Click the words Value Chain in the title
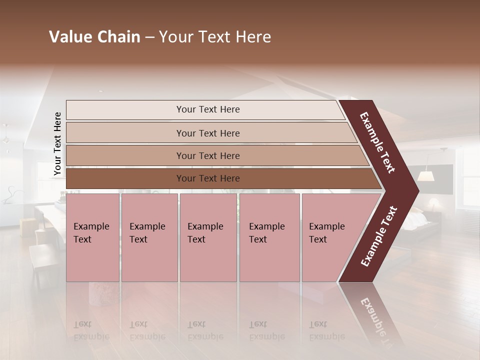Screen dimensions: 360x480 pyautogui.click(x=94, y=37)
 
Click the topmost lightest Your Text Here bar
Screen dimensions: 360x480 pyautogui.click(x=208, y=109)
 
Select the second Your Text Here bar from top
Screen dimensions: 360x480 pyautogui.click(x=208, y=133)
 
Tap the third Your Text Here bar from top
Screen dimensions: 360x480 pyautogui.click(x=208, y=155)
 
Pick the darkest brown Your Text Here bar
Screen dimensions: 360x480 pyautogui.click(x=208, y=178)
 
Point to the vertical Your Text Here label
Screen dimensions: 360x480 pyautogui.click(x=57, y=143)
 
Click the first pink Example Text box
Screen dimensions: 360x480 pyautogui.click(x=92, y=237)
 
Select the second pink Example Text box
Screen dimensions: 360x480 pyautogui.click(x=149, y=237)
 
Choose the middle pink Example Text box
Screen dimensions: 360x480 pyautogui.click(x=207, y=237)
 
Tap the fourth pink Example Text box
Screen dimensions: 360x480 pyautogui.click(x=269, y=237)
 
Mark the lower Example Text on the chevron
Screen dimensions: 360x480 pyautogui.click(x=379, y=236)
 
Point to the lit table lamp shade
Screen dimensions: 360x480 pyautogui.click(x=425, y=176)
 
